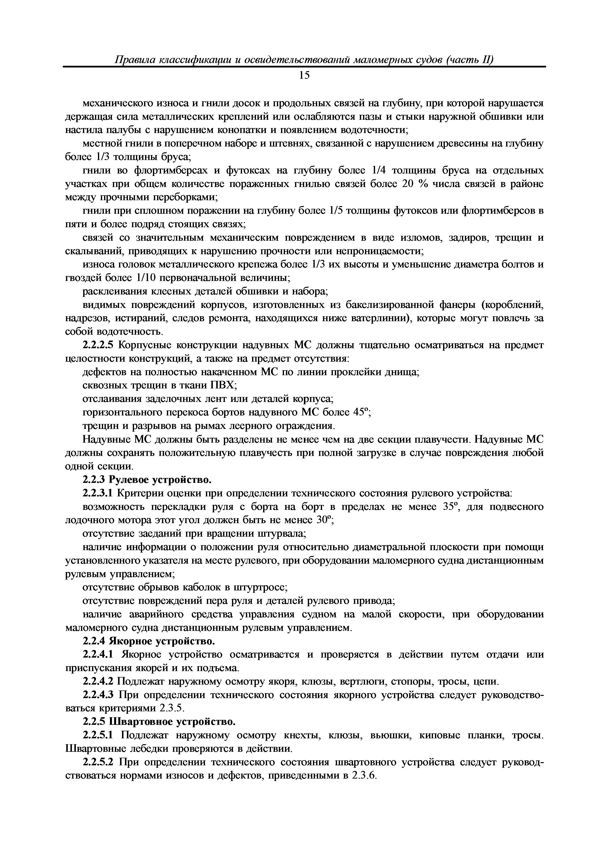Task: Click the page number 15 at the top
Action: (x=304, y=76)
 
